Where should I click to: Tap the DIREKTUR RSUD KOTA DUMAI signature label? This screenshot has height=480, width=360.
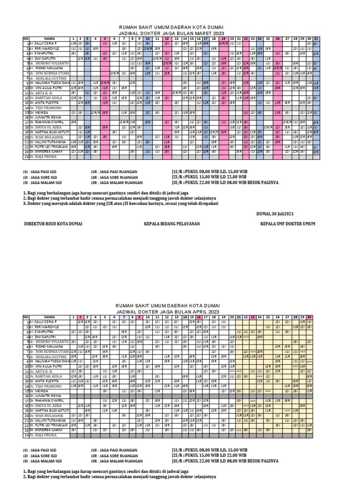[53, 224]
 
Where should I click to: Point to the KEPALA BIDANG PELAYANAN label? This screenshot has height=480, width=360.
[172, 224]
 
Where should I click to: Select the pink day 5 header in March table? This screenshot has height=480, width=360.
[105, 38]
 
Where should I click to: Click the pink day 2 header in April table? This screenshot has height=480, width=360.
[80, 317]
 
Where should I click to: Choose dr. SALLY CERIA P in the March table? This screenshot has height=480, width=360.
[46, 43]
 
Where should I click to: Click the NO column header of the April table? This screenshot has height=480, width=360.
[26, 317]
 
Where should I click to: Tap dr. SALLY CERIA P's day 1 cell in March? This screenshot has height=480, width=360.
[74, 43]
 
